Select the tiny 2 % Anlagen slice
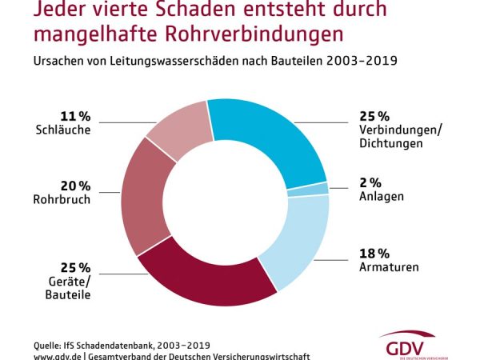319,190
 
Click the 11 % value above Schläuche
74,115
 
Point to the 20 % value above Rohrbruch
74,186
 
